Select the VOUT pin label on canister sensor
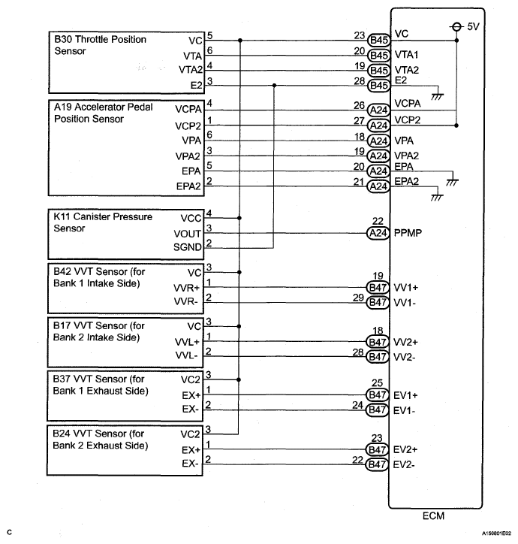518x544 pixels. (x=188, y=233)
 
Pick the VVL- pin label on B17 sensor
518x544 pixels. (x=189, y=355)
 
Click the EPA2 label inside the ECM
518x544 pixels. (x=408, y=181)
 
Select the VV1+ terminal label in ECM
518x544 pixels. (x=406, y=287)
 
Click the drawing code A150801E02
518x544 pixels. (x=489, y=533)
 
